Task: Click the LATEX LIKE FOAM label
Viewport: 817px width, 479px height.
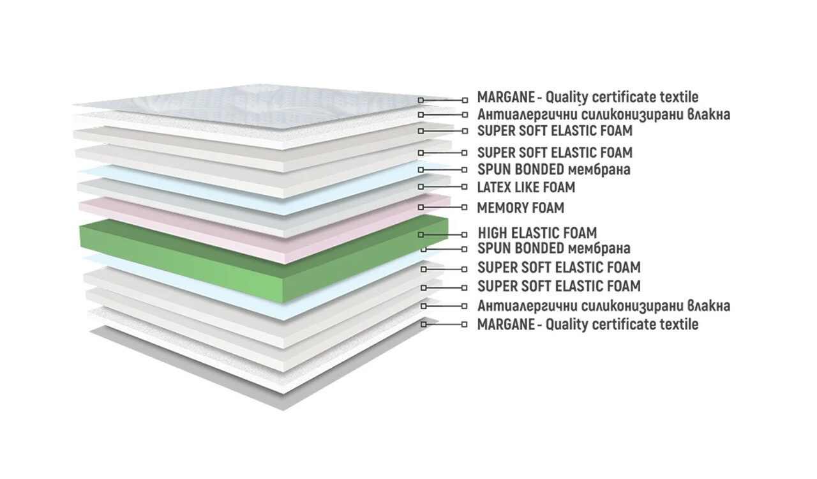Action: tap(526, 187)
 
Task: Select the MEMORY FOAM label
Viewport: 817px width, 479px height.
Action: tap(520, 208)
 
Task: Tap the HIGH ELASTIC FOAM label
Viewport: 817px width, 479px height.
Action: tap(537, 233)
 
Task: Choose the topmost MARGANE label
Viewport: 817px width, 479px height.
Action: tap(588, 98)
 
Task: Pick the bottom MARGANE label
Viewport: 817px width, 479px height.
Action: tap(588, 324)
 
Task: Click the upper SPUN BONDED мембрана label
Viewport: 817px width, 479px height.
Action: tap(553, 170)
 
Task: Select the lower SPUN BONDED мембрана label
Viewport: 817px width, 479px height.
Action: tap(553, 248)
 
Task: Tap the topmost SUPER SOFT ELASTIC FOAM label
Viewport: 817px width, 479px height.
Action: tap(555, 131)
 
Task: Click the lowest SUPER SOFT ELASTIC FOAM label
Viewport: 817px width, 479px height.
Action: tap(558, 286)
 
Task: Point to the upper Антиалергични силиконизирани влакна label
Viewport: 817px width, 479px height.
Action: tap(604, 114)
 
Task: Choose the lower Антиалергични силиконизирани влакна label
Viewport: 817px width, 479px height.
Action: tap(604, 306)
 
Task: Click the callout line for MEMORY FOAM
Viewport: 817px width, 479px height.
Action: tap(442, 208)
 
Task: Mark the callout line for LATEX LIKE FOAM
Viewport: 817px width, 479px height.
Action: tap(442, 187)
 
